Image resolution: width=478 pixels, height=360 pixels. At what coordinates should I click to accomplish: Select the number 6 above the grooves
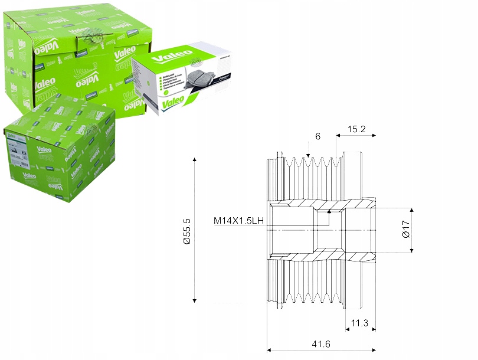[x=317, y=136]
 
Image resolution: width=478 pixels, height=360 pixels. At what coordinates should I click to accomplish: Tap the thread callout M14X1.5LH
[x=238, y=221]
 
